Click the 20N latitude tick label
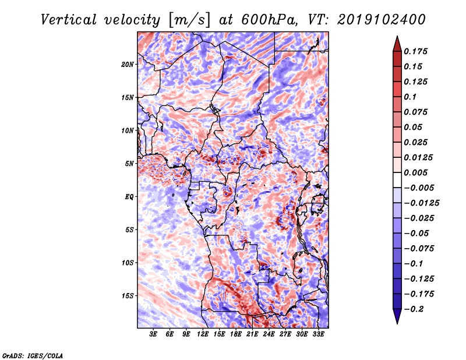128,64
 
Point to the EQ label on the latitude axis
129,197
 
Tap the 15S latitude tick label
128,296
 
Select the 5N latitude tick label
129,164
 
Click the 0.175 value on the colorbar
417,51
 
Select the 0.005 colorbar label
417,172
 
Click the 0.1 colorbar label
411,97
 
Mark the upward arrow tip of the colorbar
396,37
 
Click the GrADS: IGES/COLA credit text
32,355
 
